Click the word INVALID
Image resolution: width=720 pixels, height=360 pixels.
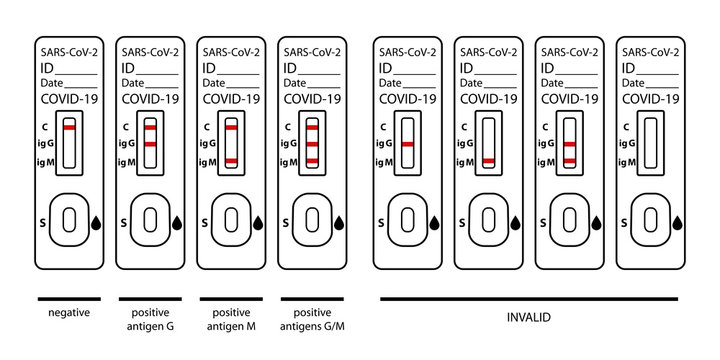coord(529,317)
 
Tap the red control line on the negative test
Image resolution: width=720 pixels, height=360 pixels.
coord(69,129)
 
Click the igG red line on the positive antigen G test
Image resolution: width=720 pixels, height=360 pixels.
coord(150,145)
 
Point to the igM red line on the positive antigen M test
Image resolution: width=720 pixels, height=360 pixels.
coord(231,161)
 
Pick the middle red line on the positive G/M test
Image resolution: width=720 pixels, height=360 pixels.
coord(312,145)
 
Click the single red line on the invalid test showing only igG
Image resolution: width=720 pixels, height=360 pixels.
coord(407,145)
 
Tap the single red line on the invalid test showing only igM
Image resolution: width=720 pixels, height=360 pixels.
coord(488,161)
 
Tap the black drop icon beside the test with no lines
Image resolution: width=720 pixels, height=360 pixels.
coord(677,222)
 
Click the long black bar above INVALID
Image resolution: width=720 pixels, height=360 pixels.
coord(529,298)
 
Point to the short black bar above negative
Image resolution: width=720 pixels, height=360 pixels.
coord(69,298)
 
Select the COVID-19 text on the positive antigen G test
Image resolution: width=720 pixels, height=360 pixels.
coord(150,99)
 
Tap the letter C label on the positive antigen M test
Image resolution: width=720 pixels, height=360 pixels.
coord(206,127)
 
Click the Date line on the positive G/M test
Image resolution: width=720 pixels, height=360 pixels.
coord(312,83)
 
